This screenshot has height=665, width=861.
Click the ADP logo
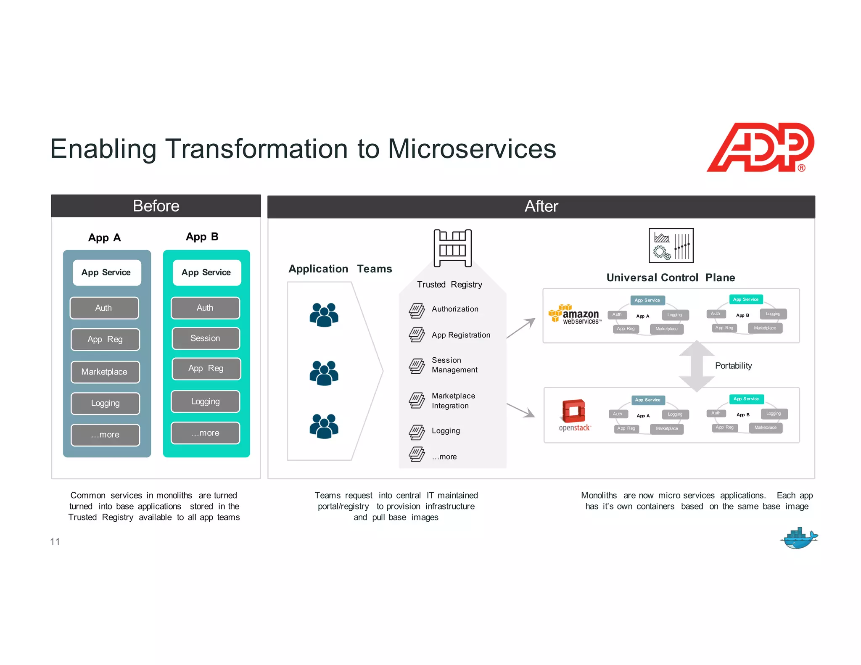click(760, 147)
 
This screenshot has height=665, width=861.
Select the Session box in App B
click(206, 338)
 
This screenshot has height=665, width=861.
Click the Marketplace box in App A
click(105, 372)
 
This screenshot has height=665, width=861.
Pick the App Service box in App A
click(106, 272)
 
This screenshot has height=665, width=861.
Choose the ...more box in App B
click(206, 433)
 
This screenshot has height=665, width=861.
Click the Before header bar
click(156, 206)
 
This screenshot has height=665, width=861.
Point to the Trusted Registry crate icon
click(452, 248)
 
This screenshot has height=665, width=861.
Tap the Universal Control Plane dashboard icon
click(671, 245)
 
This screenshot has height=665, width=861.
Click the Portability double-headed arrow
click(697, 366)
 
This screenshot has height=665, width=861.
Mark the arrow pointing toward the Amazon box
click(521, 328)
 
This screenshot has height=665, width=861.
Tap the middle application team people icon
click(324, 373)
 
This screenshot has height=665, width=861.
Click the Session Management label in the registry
click(454, 365)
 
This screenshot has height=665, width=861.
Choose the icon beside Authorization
click(417, 311)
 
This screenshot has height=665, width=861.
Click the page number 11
click(55, 542)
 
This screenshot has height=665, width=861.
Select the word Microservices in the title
click(472, 149)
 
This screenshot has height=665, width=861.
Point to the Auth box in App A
click(104, 308)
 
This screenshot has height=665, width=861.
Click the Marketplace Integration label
click(453, 401)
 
